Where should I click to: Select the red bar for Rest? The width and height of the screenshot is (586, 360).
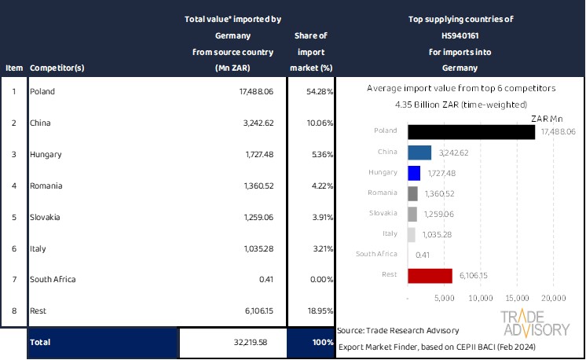tap(430, 275)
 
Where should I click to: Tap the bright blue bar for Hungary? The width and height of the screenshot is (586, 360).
tap(415, 172)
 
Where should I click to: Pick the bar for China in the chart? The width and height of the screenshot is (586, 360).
tap(420, 152)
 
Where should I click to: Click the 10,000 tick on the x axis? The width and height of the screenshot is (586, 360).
tap(480, 299)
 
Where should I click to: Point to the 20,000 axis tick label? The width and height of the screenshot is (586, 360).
tap(553, 299)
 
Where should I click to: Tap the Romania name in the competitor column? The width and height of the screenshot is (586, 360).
tap(46, 186)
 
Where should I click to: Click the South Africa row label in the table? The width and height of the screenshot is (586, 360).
tap(53, 279)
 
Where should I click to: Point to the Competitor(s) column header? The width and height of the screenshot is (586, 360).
tap(57, 68)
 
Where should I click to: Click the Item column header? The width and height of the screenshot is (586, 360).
tap(13, 68)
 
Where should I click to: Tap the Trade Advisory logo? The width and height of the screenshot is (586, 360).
tap(537, 324)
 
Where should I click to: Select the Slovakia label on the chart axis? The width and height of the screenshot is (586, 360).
tap(383, 213)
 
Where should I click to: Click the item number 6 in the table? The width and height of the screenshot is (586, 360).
tap(13, 248)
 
